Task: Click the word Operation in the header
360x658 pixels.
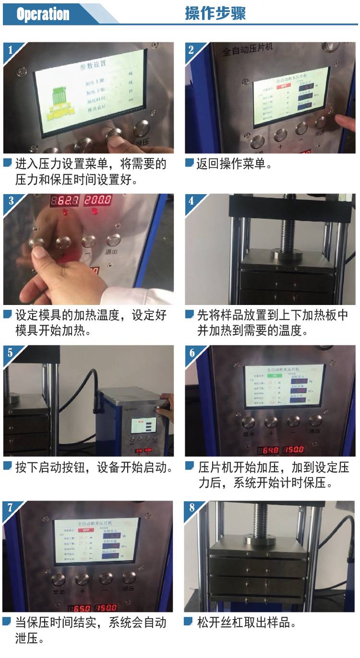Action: pos(43,14)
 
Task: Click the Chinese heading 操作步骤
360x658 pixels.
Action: pos(216,13)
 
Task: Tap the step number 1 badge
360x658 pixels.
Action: pos(11,49)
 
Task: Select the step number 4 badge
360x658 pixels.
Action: pos(192,200)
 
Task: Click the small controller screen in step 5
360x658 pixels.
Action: pos(144,426)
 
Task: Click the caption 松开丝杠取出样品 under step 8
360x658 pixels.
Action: pos(247,623)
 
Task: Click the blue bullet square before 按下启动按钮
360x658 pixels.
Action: pos(7,465)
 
